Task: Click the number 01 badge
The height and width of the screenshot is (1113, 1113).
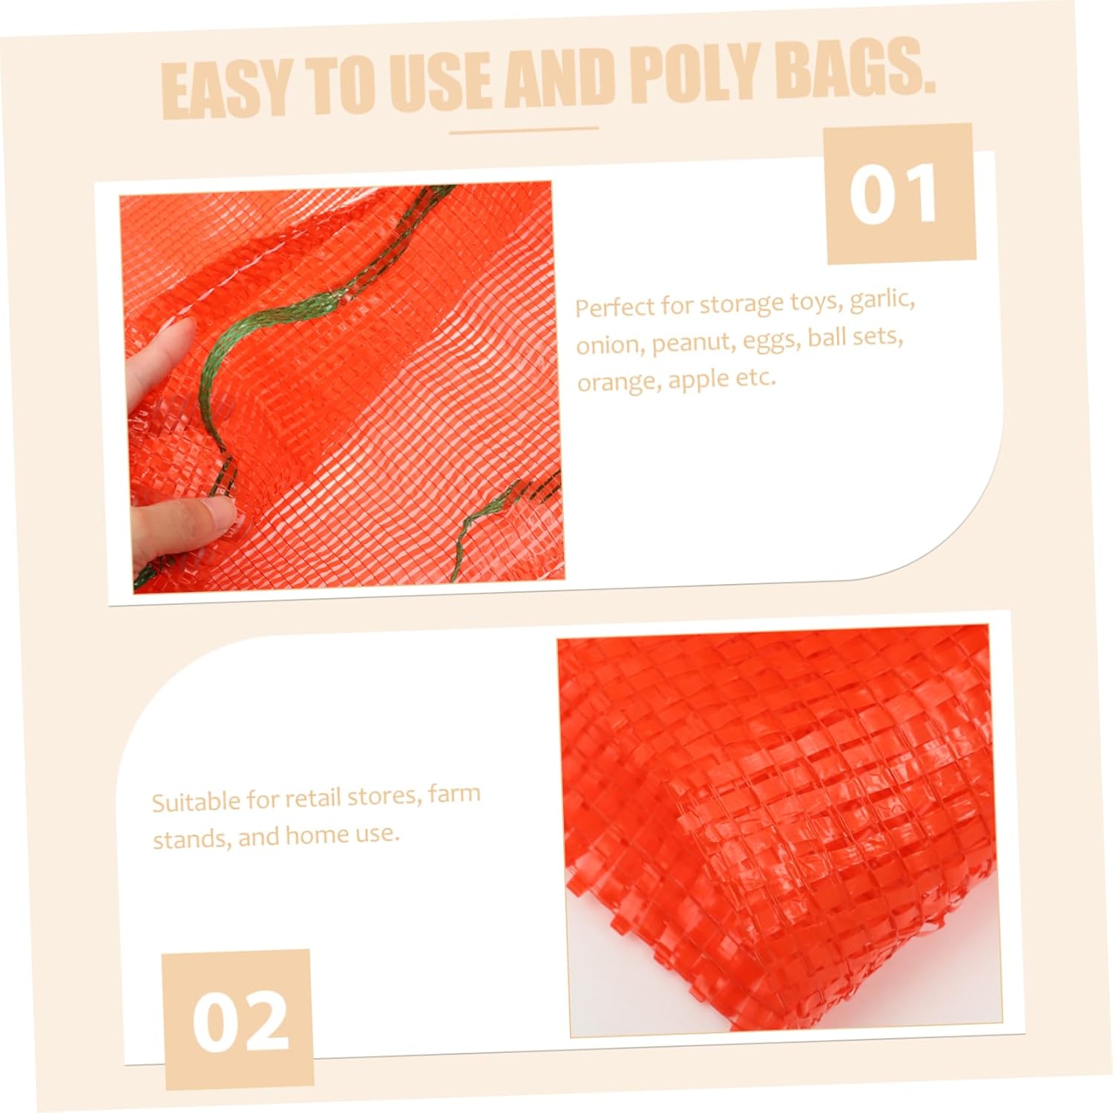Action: coord(899,193)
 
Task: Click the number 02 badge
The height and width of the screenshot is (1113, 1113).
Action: coord(238,1020)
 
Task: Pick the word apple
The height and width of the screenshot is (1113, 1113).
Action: coord(696,379)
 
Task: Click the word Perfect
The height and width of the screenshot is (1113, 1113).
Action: coord(614,306)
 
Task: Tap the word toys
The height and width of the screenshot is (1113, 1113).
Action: coord(815,302)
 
